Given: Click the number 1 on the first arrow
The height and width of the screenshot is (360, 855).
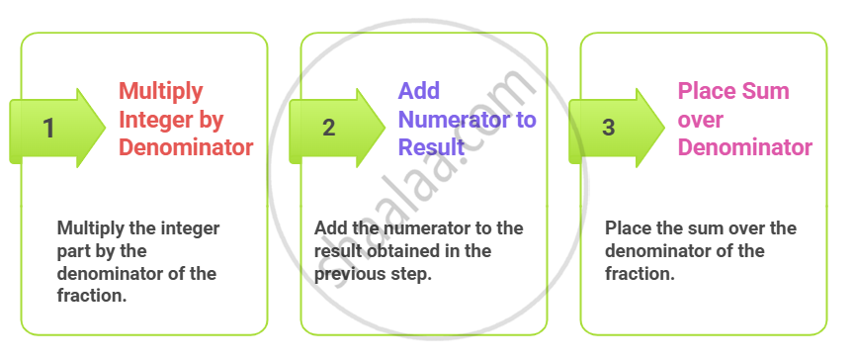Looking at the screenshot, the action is (49, 129).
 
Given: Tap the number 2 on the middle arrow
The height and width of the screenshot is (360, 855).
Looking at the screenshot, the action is (328, 129).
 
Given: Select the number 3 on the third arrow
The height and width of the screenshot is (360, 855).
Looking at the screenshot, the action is (609, 129).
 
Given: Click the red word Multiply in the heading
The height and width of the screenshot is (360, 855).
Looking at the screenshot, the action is (161, 92).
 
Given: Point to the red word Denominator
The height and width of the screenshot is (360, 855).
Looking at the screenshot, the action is (186, 147).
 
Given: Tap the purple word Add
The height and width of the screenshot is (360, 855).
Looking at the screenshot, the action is (419, 91).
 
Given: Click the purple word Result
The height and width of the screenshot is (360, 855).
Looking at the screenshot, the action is (431, 147).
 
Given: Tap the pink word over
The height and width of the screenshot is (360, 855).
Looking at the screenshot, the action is (700, 120).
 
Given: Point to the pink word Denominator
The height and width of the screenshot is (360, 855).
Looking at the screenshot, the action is (745, 147).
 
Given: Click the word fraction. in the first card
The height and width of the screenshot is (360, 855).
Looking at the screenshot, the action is (92, 296).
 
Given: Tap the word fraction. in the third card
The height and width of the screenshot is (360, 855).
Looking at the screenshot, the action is (640, 273).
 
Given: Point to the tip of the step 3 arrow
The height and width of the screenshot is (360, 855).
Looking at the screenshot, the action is (664, 129).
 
